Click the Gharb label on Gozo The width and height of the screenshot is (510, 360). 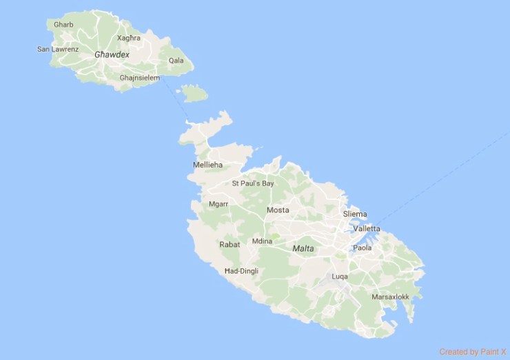tap(63, 25)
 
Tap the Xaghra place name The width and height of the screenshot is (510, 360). tap(129, 38)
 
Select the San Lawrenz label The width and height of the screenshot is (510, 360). tap(58, 49)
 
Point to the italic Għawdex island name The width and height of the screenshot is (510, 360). tap(112, 54)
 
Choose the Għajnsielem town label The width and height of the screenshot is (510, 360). tap(139, 78)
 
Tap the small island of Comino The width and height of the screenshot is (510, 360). tap(195, 92)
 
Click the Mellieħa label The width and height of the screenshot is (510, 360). tap(208, 165)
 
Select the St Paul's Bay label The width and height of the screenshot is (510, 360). tap(253, 183)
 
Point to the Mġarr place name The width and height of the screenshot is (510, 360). tap(218, 204)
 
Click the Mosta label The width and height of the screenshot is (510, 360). tap(278, 210)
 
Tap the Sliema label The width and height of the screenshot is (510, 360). tap(355, 214)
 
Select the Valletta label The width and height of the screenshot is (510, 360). tap(366, 228)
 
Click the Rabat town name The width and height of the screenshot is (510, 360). tap(229, 244)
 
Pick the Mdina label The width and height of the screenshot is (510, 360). tap(263, 241)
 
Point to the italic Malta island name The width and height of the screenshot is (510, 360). tap(303, 248)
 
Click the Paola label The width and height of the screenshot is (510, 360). tap(362, 248)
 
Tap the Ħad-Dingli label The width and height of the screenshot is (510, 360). tap(241, 271)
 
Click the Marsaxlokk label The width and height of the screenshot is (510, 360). tap(390, 297)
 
